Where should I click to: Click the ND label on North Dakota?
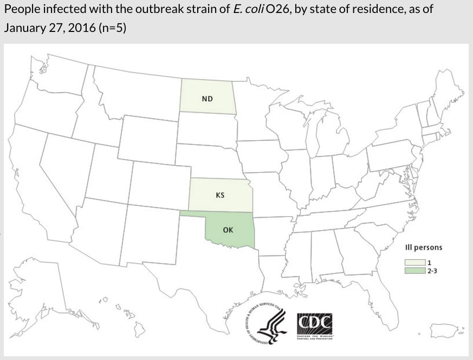click(x=207, y=99)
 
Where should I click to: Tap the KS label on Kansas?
click(x=220, y=195)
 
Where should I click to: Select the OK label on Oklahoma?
click(x=228, y=230)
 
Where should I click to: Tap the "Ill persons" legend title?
click(x=424, y=247)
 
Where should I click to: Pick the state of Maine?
click(x=447, y=92)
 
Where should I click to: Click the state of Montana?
click(x=135, y=92)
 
